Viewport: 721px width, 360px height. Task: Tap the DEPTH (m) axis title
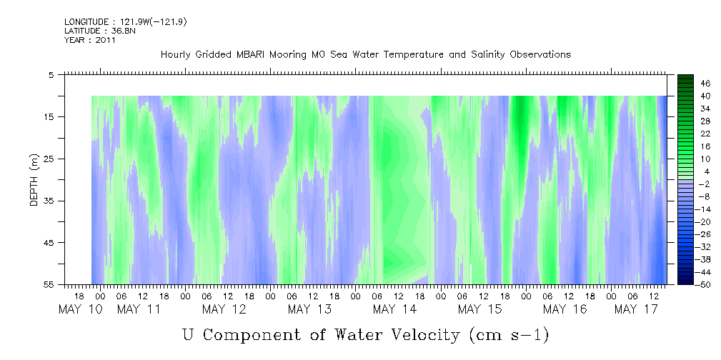click(x=34, y=180)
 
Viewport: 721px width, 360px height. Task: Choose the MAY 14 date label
click(x=394, y=309)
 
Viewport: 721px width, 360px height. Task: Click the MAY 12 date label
click(x=224, y=309)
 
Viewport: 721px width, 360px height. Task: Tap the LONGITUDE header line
click(x=126, y=22)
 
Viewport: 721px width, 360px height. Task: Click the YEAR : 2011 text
click(x=90, y=40)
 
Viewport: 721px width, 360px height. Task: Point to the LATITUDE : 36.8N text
click(x=100, y=31)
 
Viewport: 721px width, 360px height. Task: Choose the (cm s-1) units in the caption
click(x=509, y=335)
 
